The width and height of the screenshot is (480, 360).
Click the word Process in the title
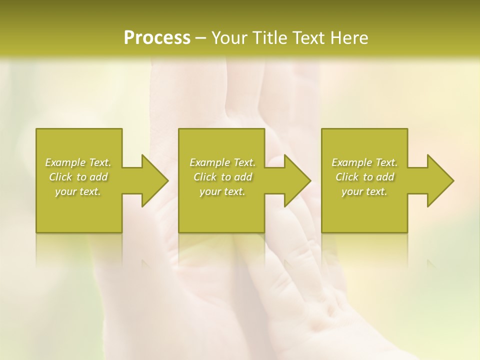[157, 38]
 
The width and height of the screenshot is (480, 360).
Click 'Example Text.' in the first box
[78, 162]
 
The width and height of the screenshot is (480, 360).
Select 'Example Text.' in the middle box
[222, 162]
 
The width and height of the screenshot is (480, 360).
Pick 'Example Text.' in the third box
[364, 162]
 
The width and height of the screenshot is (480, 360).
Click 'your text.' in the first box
[78, 191]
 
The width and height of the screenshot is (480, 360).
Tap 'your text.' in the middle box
[222, 191]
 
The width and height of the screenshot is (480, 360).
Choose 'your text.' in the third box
[364, 191]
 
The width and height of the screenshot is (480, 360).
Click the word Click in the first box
[60, 177]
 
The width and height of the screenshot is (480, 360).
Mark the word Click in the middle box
[205, 177]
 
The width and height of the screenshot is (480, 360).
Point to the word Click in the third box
[347, 177]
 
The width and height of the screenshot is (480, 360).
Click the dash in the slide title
[200, 38]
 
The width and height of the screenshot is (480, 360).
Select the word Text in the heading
[304, 38]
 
